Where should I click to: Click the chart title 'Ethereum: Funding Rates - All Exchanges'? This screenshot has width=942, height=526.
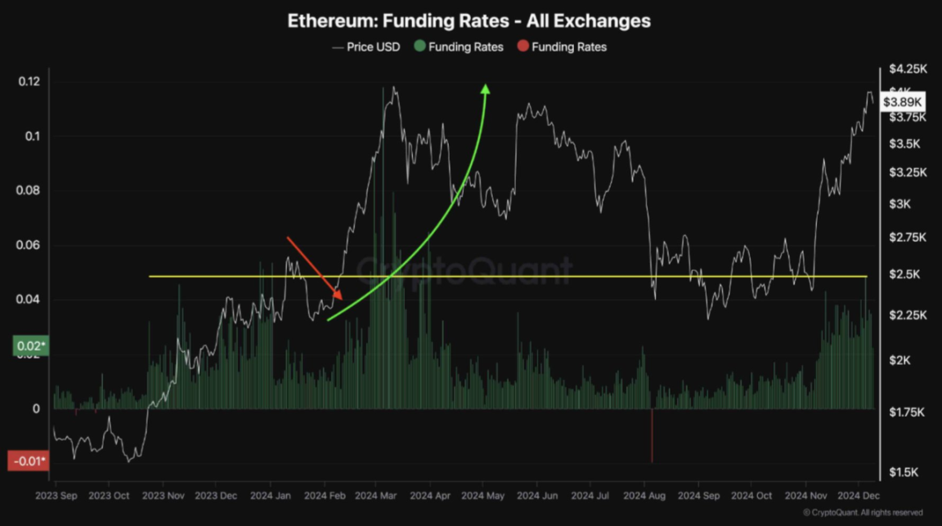click(x=469, y=21)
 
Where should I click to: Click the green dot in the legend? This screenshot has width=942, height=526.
click(x=419, y=47)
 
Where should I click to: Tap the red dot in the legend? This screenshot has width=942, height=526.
click(x=523, y=47)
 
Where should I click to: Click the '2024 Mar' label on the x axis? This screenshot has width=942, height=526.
click(x=376, y=496)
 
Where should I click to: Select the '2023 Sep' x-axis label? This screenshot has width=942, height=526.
click(x=56, y=496)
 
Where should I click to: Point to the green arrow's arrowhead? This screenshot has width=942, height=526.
click(x=486, y=89)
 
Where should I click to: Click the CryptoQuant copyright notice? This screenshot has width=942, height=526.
click(x=863, y=513)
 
